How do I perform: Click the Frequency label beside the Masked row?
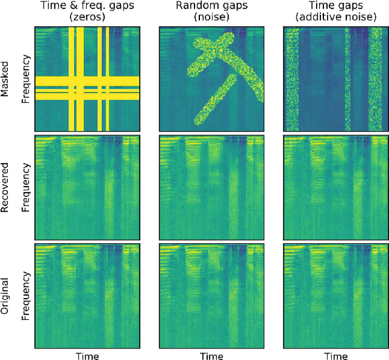[26, 80]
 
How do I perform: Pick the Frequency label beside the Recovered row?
[26, 187]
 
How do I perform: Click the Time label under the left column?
[88, 355]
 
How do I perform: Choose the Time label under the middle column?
[212, 355]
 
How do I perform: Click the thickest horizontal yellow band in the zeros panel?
[88, 81]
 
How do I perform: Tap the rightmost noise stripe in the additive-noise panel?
[374, 80]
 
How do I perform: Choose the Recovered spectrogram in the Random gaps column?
[212, 187]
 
